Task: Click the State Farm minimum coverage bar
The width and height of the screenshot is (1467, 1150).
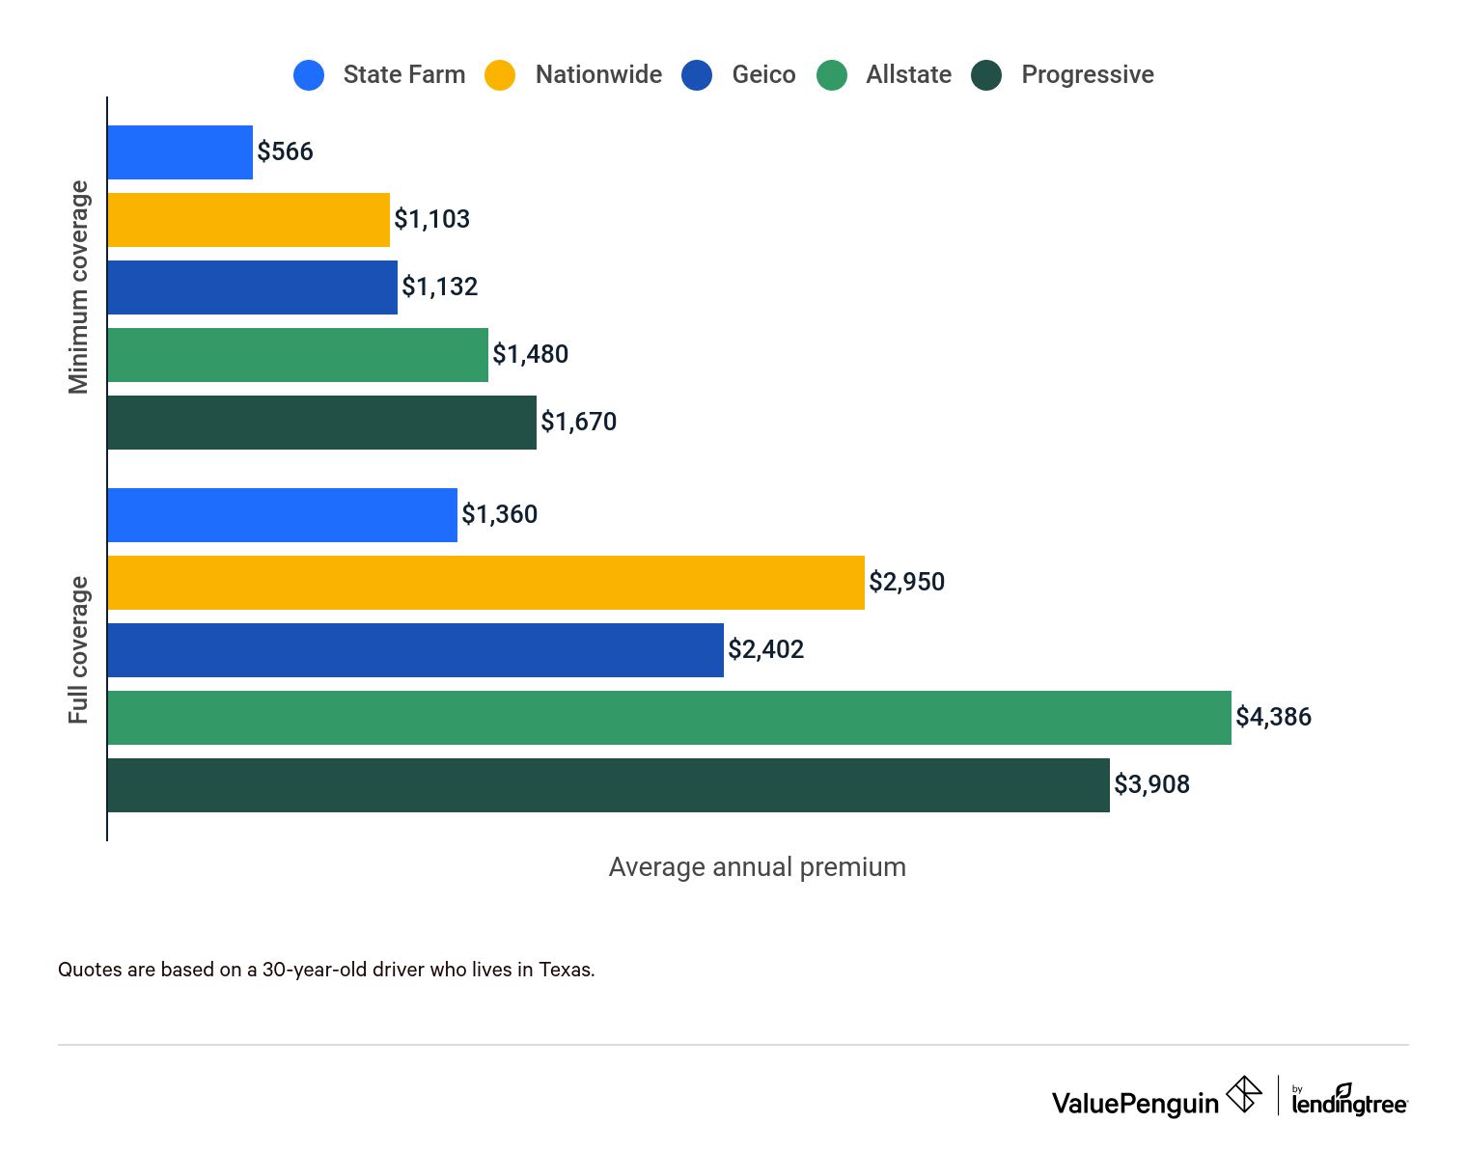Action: point(180,152)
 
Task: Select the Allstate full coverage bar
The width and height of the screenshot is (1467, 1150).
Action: point(669,718)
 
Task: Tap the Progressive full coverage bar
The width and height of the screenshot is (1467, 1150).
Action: point(608,785)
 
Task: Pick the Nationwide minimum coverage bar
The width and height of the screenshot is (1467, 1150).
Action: point(249,220)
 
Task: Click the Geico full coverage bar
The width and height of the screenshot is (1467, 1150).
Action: point(415,650)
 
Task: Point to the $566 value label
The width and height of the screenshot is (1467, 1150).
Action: point(285,152)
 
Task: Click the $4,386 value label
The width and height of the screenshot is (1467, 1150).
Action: point(1273,718)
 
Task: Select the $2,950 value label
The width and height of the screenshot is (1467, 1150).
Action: point(906,583)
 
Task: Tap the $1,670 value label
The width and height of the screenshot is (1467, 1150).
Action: point(578,423)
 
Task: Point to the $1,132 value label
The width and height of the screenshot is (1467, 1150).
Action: point(439,287)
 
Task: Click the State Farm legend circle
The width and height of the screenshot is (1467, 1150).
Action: point(309,75)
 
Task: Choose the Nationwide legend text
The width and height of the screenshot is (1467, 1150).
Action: point(598,75)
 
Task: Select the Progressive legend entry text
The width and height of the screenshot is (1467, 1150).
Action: point(1087,75)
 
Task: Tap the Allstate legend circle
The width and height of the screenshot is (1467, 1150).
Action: point(831,75)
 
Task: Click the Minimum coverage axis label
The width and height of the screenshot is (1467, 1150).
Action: point(78,287)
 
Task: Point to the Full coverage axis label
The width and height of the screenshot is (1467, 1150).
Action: point(78,650)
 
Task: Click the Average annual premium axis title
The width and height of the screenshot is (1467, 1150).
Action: point(757,867)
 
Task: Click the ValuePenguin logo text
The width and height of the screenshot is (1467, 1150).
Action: point(1135,1103)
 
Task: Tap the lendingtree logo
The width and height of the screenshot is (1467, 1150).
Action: point(1349,1101)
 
